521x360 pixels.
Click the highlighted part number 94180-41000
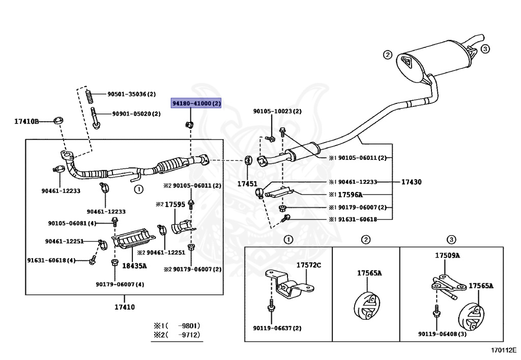(196, 104)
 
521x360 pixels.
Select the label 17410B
(26, 121)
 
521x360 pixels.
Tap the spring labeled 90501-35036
(89, 95)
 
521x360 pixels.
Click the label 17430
(412, 181)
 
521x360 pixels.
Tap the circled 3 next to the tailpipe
(485, 49)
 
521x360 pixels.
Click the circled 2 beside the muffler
(387, 54)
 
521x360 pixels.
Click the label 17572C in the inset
(309, 265)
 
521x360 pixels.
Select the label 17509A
(447, 256)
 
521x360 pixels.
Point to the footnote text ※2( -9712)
(177, 335)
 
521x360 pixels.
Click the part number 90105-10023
(277, 111)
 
